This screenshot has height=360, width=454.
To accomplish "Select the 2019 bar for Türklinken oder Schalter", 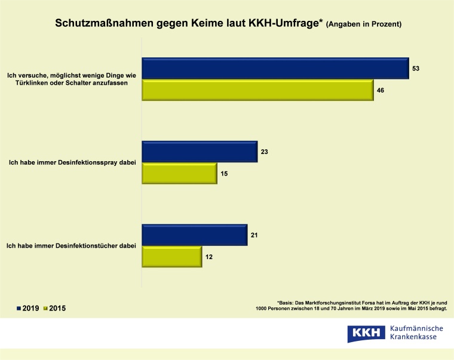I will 275,68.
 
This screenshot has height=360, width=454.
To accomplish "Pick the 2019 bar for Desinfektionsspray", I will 199,152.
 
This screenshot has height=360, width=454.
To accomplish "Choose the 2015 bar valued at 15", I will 179,173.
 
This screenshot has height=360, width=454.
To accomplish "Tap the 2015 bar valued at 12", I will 171,256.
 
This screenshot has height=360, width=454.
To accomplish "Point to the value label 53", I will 417,69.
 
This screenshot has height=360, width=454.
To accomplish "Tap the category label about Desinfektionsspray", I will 72,162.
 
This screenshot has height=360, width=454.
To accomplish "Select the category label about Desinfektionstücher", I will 72,245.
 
